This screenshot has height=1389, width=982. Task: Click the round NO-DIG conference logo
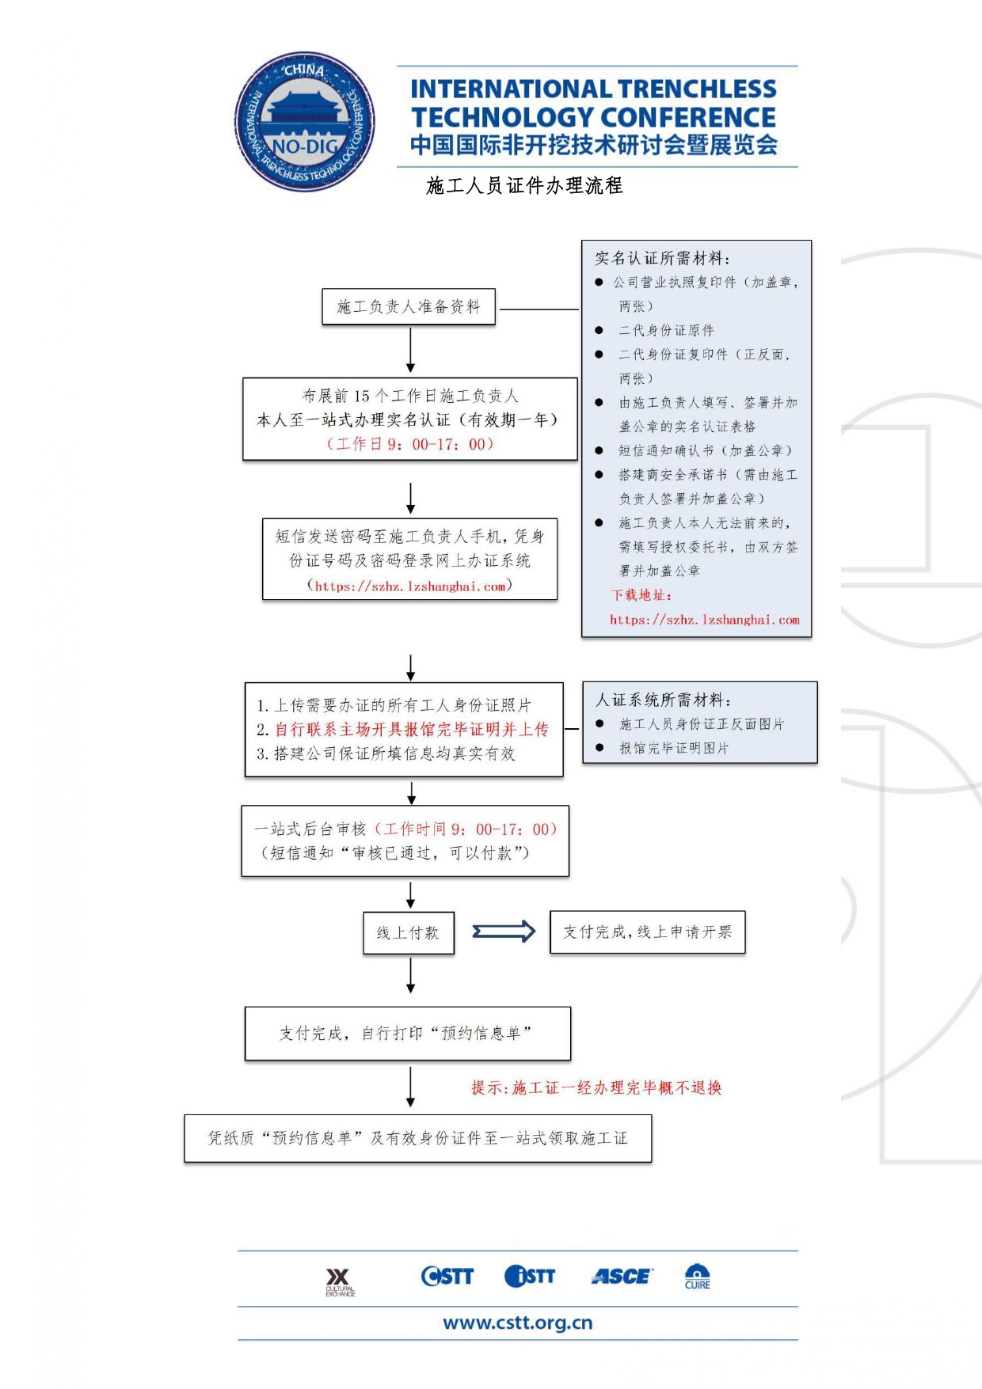click(305, 122)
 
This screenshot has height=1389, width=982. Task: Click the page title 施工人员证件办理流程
click(524, 186)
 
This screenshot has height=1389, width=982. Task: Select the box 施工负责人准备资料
click(409, 307)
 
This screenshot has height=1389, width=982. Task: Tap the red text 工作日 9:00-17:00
click(410, 444)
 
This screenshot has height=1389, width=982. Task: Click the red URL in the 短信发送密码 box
click(410, 586)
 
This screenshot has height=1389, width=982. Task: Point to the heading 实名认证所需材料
click(662, 258)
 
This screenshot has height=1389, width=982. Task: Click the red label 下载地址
click(641, 595)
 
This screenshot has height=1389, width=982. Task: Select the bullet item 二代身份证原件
click(666, 330)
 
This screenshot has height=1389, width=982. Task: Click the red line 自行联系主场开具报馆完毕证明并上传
click(411, 729)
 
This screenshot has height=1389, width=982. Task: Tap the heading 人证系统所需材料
click(663, 700)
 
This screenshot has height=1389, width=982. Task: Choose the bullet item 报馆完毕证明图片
click(673, 748)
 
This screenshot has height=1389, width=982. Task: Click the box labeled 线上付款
click(409, 933)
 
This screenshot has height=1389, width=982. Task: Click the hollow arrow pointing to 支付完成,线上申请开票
click(504, 932)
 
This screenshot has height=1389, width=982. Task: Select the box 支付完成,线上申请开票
click(647, 932)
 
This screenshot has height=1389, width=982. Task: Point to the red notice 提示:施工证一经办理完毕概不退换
click(596, 1088)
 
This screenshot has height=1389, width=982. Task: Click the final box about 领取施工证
click(417, 1138)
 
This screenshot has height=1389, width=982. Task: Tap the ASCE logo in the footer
click(622, 1276)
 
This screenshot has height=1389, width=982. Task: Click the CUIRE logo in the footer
click(697, 1277)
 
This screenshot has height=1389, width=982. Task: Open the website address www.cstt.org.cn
click(518, 1323)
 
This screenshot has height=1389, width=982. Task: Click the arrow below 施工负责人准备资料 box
click(410, 350)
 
